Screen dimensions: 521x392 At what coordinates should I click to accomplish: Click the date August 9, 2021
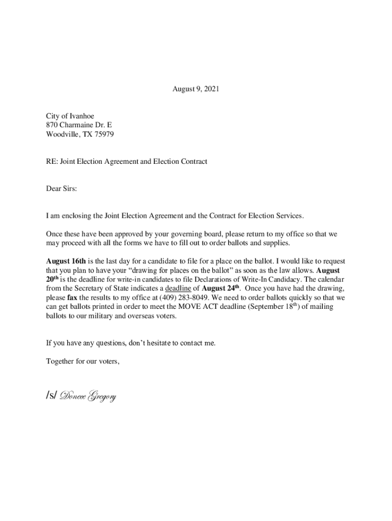click(195, 89)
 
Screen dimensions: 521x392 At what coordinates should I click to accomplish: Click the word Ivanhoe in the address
click(82, 116)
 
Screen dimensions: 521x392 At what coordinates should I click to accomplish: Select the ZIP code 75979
click(103, 134)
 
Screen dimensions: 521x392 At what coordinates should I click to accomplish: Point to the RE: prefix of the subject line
click(51, 162)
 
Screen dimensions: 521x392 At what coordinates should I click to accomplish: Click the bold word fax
click(72, 298)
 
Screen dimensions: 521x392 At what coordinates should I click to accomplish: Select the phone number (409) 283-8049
click(184, 298)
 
